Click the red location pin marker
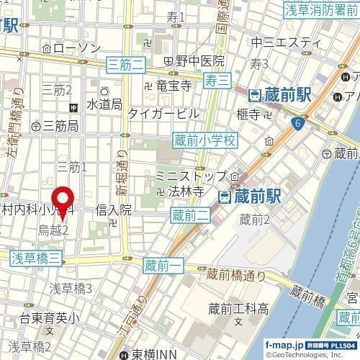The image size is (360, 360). click(x=63, y=200)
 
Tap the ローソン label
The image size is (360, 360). click(x=78, y=48)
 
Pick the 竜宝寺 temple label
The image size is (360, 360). click(x=173, y=86)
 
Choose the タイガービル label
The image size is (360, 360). click(x=163, y=113)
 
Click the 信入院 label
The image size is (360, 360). click(x=114, y=210)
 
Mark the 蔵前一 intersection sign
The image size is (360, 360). click(x=161, y=266)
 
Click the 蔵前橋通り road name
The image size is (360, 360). click(x=235, y=274)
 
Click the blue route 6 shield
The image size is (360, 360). click(x=297, y=125)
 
